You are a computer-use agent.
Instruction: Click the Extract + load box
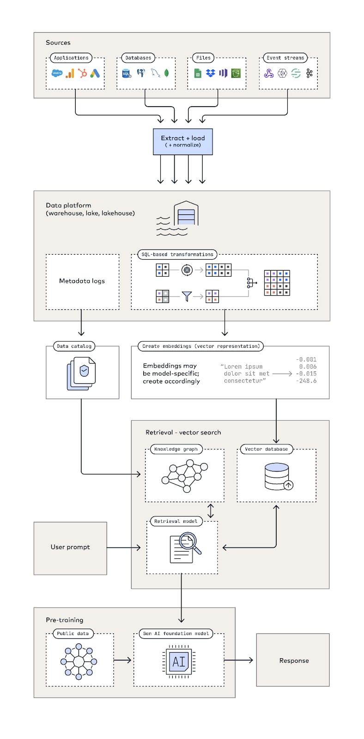(182, 141)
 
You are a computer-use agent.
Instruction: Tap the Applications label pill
(71, 58)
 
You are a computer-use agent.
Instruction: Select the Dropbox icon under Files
(210, 73)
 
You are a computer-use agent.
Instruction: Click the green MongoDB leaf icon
(167, 73)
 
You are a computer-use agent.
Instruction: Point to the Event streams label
(285, 58)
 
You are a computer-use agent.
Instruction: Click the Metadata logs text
(82, 281)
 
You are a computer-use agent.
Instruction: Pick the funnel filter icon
(187, 296)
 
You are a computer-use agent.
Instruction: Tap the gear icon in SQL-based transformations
(187, 270)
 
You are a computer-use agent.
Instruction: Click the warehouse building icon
(186, 213)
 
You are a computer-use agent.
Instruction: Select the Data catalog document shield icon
(81, 374)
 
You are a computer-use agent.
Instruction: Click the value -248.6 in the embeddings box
(306, 381)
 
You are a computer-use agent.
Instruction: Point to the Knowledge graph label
(176, 449)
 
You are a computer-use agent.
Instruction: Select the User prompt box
(70, 548)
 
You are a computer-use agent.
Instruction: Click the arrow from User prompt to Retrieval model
(124, 548)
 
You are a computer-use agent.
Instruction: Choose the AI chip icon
(179, 661)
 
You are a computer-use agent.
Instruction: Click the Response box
(293, 660)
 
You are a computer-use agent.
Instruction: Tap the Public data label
(73, 633)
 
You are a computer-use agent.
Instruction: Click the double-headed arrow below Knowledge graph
(211, 511)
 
